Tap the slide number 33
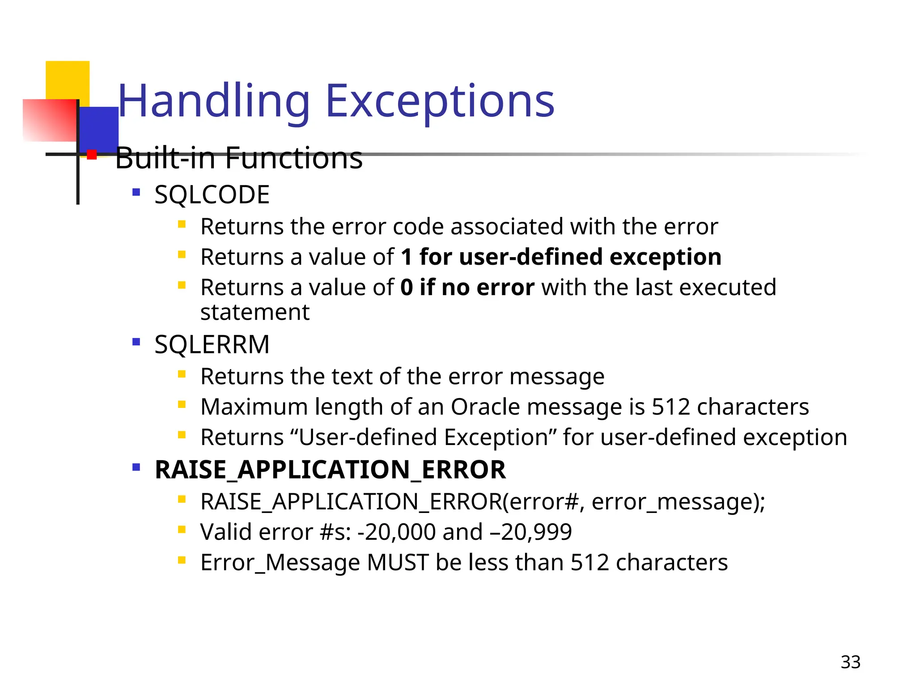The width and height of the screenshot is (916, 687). (x=850, y=662)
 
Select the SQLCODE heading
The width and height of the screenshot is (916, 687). (x=212, y=195)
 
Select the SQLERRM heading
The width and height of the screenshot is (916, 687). (x=212, y=344)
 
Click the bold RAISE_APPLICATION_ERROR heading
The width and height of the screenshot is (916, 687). (x=330, y=470)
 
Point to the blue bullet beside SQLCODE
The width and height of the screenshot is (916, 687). (x=136, y=193)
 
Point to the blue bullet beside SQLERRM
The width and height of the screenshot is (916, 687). (x=136, y=343)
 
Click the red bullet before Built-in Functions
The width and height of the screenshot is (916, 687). (x=92, y=155)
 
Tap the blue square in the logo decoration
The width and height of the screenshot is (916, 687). (x=99, y=129)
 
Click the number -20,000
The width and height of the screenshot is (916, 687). (x=396, y=532)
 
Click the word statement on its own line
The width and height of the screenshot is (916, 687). (x=254, y=312)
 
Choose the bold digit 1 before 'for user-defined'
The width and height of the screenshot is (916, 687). (x=406, y=257)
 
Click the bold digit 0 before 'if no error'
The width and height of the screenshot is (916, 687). (x=407, y=287)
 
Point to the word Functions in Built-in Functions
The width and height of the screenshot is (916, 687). (x=293, y=158)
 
